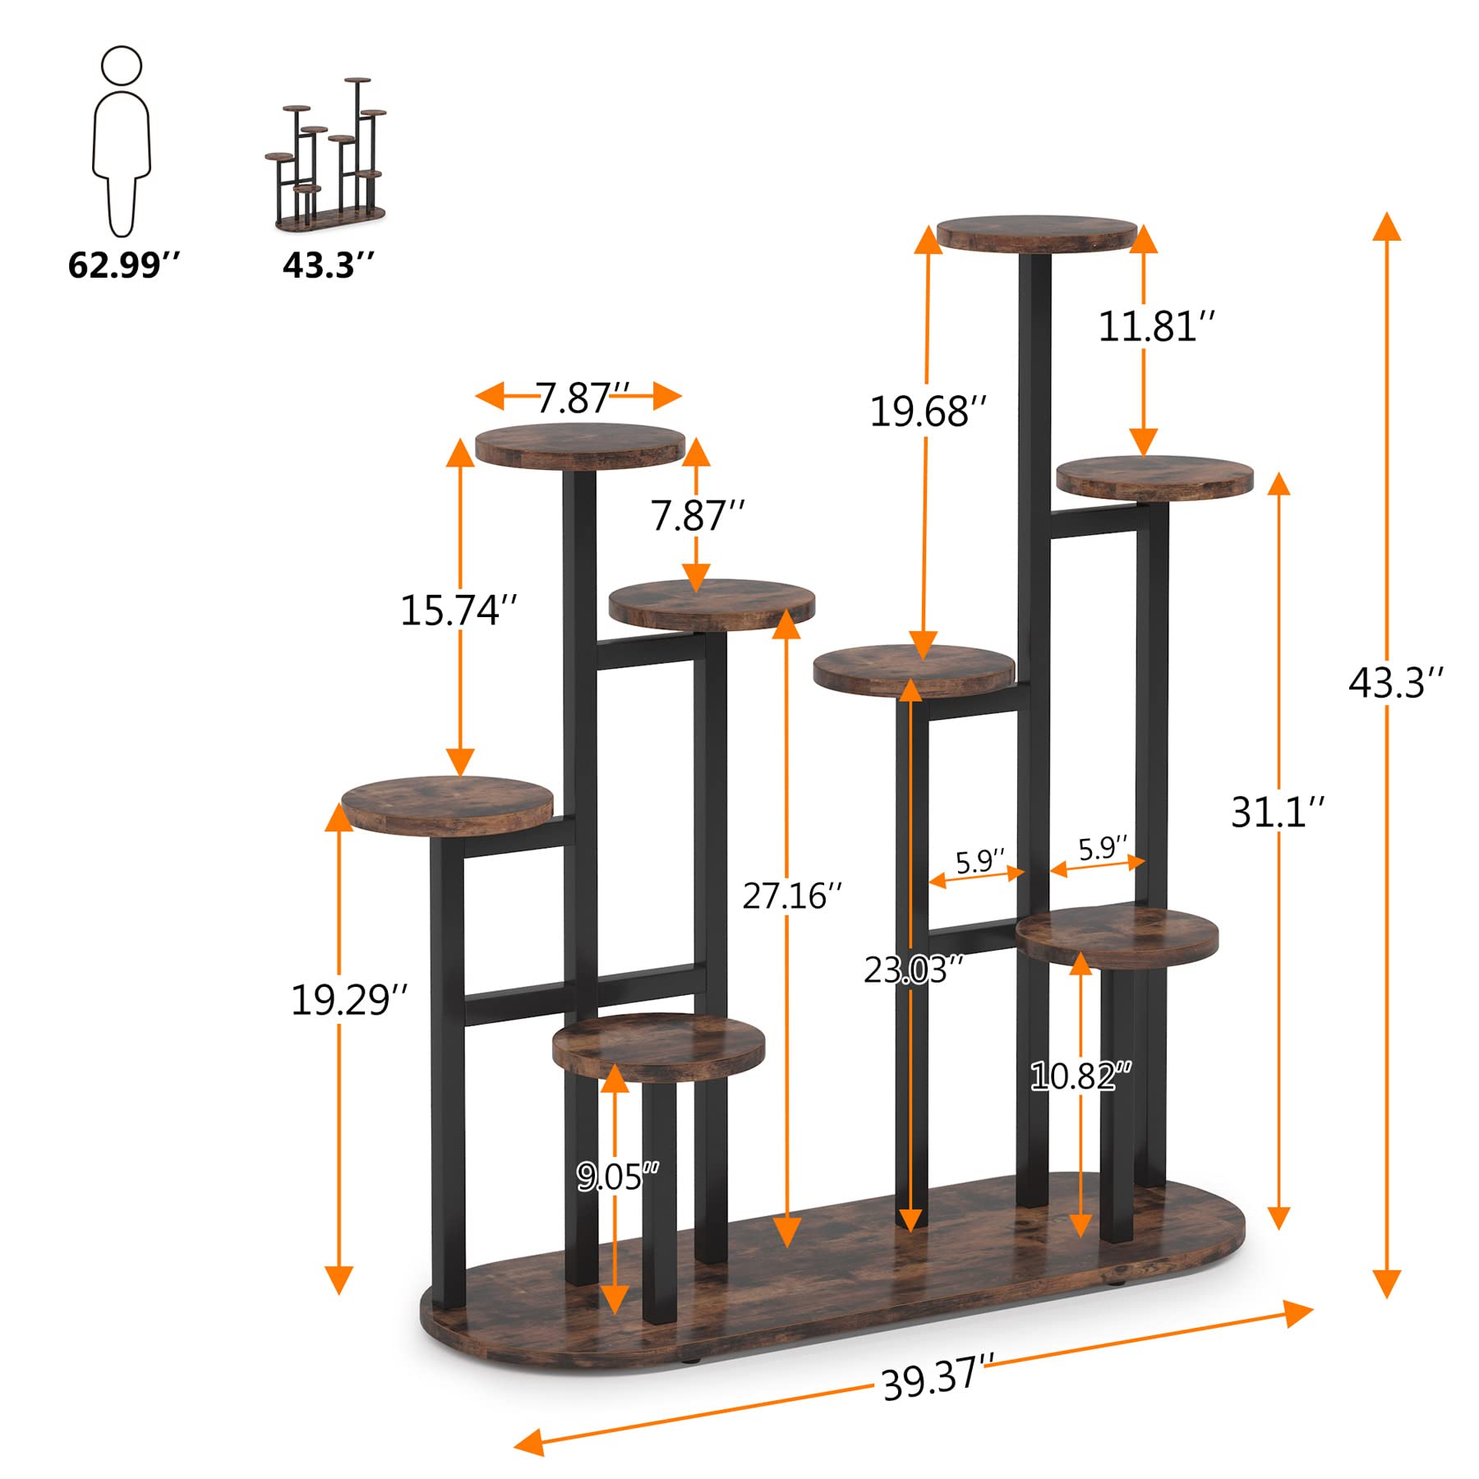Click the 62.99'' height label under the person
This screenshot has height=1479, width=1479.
pos(123,265)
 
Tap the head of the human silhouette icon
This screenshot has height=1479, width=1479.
pos(122,66)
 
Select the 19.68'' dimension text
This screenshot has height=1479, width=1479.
pos(928,411)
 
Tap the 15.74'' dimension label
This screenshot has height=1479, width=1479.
pos(458,610)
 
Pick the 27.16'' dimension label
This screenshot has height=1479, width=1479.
pos(792,896)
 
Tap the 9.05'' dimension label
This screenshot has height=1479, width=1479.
pos(617,1177)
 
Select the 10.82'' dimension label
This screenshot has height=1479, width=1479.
pos(1080,1076)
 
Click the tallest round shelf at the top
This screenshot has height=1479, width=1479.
pos(1037,235)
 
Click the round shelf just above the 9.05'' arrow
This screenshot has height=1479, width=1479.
pos(658,1047)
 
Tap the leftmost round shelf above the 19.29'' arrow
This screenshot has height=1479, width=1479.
pos(447,804)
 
